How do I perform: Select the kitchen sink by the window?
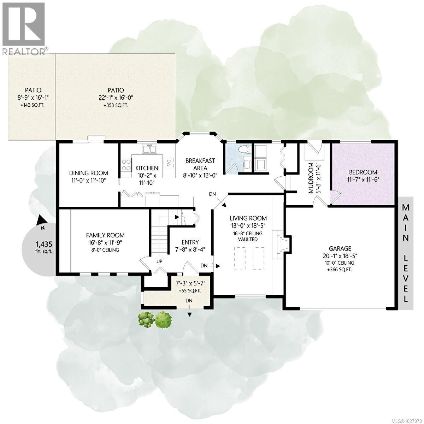click(x=150, y=149)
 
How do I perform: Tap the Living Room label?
click(x=248, y=218)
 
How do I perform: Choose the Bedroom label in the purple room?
click(x=363, y=172)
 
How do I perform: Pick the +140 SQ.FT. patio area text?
click(x=33, y=105)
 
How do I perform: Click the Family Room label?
click(x=105, y=235)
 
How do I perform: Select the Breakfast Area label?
click(x=200, y=164)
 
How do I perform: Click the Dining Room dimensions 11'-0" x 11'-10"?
click(x=88, y=181)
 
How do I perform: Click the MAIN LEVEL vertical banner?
click(x=406, y=252)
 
